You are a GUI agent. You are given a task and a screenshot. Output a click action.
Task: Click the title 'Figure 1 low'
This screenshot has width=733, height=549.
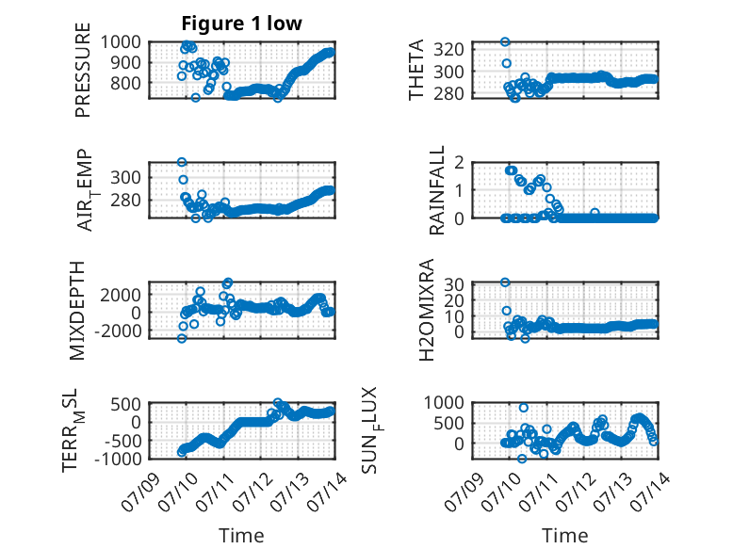tap(242, 24)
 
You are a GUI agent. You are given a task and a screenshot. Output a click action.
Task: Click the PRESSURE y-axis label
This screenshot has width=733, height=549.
tap(82, 70)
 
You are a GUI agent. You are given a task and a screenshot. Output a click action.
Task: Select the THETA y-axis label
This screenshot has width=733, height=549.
tap(415, 70)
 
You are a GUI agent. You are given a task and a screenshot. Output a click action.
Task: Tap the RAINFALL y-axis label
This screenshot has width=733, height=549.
tap(436, 190)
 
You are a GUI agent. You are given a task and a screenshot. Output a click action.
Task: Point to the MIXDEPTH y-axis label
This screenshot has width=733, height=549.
tap(76, 311)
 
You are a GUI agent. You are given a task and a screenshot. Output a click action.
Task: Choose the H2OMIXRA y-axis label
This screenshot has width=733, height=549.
tap(427, 310)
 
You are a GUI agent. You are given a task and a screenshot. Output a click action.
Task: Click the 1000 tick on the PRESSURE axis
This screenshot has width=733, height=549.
tap(121, 42)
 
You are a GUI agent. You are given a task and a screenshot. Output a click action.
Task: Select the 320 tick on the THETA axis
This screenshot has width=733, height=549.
tap(449, 49)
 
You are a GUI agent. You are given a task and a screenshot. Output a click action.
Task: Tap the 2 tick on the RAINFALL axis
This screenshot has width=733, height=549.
tap(459, 163)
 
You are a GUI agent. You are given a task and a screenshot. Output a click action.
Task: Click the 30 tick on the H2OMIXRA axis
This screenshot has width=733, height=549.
tap(453, 283)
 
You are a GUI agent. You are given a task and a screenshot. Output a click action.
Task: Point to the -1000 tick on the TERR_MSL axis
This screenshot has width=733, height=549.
tap(118, 459)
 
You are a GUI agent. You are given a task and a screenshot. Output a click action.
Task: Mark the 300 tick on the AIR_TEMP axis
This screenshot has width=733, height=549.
tap(125, 178)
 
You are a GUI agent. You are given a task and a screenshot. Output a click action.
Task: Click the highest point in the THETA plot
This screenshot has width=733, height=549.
tap(505, 42)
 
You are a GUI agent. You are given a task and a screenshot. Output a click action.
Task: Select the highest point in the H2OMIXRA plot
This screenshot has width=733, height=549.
tap(505, 283)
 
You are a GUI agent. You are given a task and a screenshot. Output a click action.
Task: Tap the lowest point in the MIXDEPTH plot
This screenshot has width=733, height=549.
tap(182, 338)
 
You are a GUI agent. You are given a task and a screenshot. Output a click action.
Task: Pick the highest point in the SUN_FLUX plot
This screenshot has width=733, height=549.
tap(524, 408)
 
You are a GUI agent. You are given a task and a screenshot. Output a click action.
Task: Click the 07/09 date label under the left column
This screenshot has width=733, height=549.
tap(141, 492)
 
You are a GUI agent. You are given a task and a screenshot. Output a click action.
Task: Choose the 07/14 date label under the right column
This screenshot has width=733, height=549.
tap(650, 492)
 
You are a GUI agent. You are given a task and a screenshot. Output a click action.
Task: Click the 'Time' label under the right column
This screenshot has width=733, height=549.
tap(564, 536)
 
